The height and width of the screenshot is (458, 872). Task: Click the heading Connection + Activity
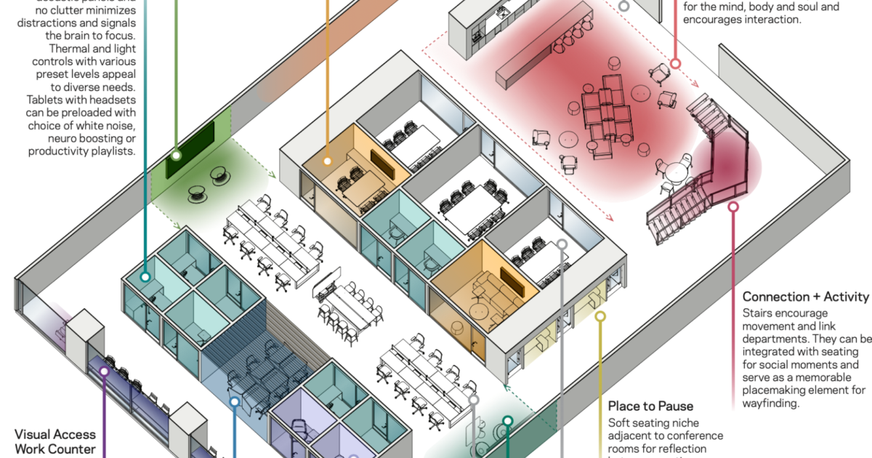coord(806,297)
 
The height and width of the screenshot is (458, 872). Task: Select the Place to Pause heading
coord(650,406)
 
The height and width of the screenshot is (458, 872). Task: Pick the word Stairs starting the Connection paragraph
coord(759,312)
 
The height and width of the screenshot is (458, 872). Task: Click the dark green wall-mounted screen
coord(190,150)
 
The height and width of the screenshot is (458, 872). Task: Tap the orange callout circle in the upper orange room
coord(328,161)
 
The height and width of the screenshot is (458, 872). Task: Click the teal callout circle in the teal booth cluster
coord(145,277)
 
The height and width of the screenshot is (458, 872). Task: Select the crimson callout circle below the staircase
coord(733,207)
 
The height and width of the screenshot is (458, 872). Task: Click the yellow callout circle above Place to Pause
coord(600,316)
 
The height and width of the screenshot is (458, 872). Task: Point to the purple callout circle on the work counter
coord(104,371)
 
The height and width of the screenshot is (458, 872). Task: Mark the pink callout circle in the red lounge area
coord(675,64)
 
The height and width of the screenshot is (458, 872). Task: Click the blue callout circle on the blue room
coord(234,401)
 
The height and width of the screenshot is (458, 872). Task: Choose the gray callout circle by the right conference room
coord(562,245)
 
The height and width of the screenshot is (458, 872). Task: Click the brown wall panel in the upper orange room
coord(381,164)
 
